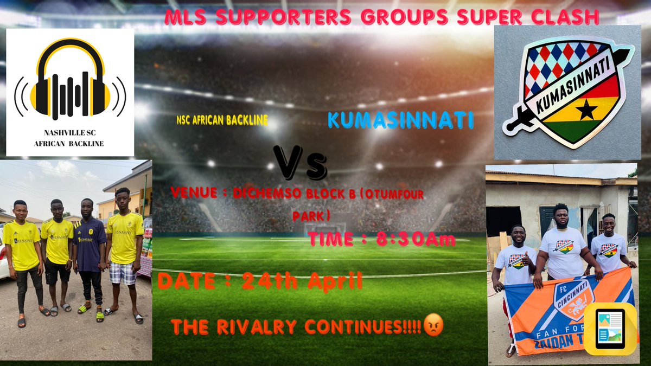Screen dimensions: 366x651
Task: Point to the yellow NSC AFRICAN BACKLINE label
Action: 222,120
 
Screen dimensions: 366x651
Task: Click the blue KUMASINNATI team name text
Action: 400,120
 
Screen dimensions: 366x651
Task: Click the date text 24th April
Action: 302,282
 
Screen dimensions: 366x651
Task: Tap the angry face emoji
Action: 433,327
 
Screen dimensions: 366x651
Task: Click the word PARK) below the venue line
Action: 311,216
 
